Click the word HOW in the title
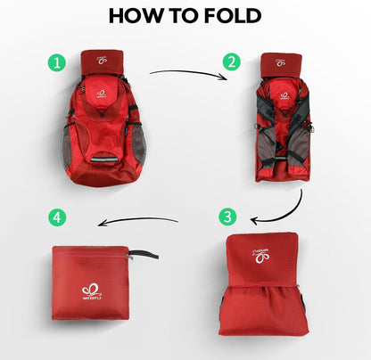tap(136, 16)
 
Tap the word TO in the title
tap(183, 16)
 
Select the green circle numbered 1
tap(58, 63)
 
